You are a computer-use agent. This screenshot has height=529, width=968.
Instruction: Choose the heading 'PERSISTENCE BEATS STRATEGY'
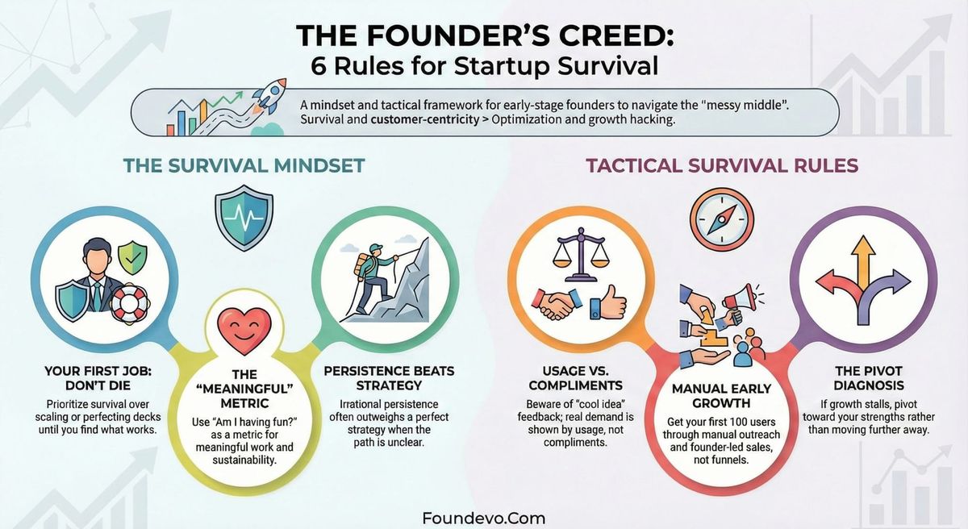pos(389,379)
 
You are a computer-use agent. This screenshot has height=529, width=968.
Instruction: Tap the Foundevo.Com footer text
pos(484,518)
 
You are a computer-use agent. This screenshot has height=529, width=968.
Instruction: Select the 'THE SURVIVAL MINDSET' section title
pos(244,165)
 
